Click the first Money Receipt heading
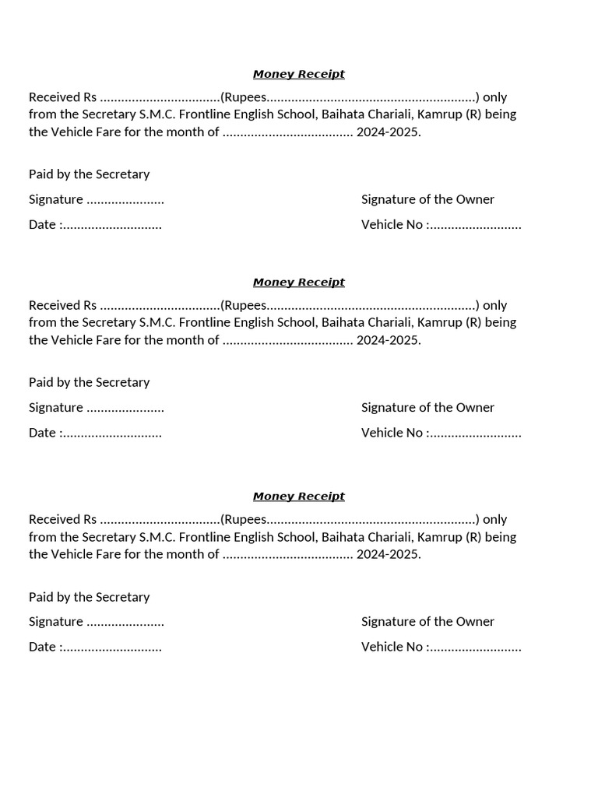tap(298, 75)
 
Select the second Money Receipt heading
tap(298, 283)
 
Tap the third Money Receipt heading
tap(298, 497)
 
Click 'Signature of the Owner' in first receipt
tap(427, 199)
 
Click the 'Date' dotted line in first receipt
tap(111, 226)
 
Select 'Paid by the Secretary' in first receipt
tap(89, 174)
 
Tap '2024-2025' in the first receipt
tap(389, 132)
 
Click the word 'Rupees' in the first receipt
tap(245, 98)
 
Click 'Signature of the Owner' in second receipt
tap(427, 408)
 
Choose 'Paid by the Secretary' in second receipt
tap(89, 382)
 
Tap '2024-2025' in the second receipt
tap(389, 340)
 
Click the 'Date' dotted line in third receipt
tap(111, 648)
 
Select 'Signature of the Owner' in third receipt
tap(427, 622)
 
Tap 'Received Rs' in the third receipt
tap(62, 519)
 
